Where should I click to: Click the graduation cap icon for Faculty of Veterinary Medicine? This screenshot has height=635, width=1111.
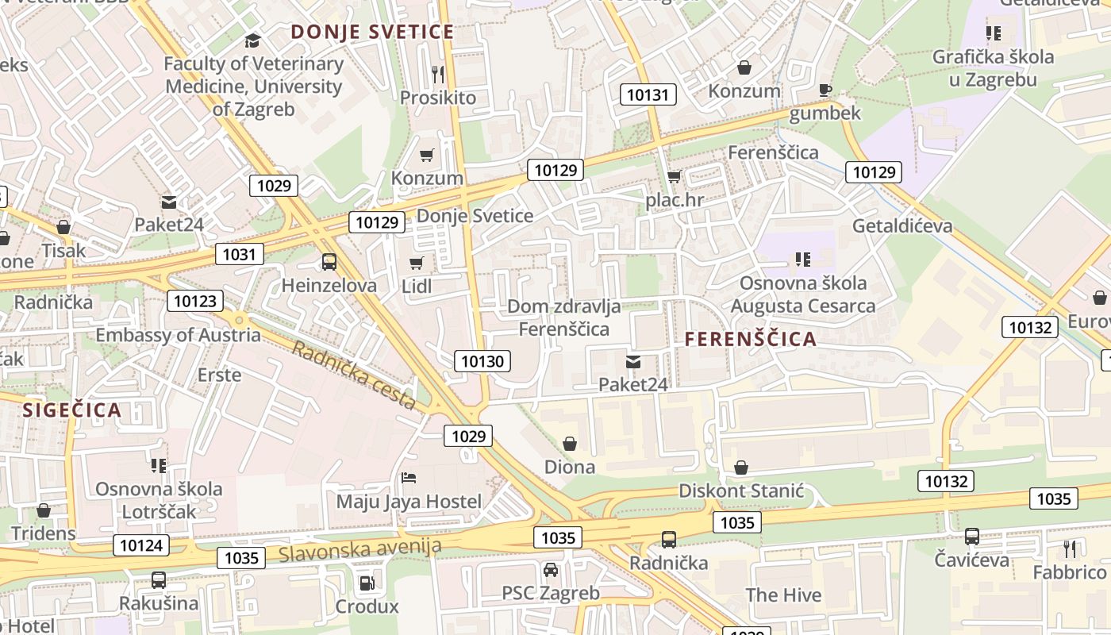252,40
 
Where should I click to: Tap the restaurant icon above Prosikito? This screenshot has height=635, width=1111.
438,75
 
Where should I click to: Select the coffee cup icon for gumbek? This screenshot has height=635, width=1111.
825,90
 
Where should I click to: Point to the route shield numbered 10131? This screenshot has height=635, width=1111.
648,95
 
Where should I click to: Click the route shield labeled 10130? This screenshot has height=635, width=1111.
482,362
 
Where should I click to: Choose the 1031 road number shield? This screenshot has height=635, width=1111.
239,254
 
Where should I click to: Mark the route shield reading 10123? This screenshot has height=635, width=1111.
194,301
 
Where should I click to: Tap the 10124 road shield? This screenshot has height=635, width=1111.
141,545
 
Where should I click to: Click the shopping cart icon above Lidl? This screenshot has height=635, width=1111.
417,263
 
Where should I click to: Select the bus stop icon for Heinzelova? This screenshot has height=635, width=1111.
329,261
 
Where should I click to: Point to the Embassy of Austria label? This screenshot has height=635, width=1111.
178,335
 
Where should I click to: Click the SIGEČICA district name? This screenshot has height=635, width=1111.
72,410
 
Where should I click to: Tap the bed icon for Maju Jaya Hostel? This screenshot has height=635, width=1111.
409,478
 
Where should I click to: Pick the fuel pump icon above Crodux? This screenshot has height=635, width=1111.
366,583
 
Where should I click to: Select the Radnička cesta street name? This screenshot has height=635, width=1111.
354,375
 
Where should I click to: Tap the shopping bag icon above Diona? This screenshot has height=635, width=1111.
569,443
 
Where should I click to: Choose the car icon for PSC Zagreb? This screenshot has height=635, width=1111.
550,570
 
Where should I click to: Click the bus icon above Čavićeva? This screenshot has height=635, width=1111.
971,537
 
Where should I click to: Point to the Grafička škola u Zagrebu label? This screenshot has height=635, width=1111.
993,68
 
